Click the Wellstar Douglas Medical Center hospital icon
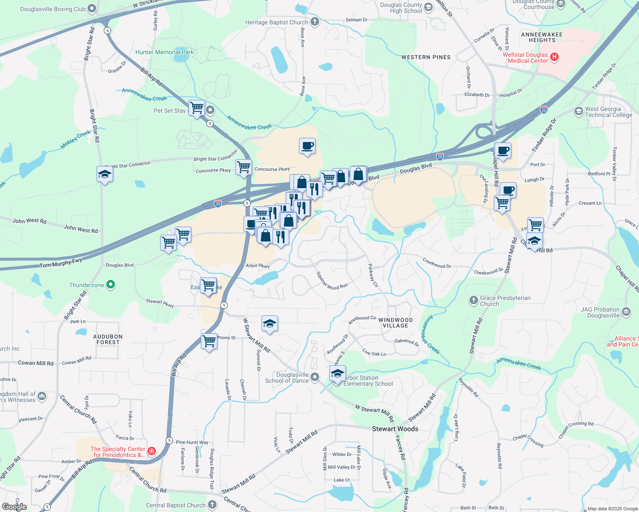[x=554, y=57]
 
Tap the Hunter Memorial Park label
[x=164, y=52]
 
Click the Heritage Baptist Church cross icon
[x=315, y=22]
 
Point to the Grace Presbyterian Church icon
[x=473, y=300]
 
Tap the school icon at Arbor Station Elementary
[x=337, y=374]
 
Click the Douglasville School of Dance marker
[x=315, y=377]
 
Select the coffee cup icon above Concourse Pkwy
[x=307, y=146]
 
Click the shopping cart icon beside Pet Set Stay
[x=196, y=108]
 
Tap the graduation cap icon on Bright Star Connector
[x=105, y=174]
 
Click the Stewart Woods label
[x=395, y=429]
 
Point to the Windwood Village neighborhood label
[x=396, y=323]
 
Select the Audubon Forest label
[x=108, y=339]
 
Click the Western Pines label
[x=426, y=57]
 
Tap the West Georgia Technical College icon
[x=578, y=111]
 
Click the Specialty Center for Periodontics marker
[x=151, y=451]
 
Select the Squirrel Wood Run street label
[x=332, y=281]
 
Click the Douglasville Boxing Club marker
[x=91, y=9]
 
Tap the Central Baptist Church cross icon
[x=212, y=505]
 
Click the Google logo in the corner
[x=15, y=506]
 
